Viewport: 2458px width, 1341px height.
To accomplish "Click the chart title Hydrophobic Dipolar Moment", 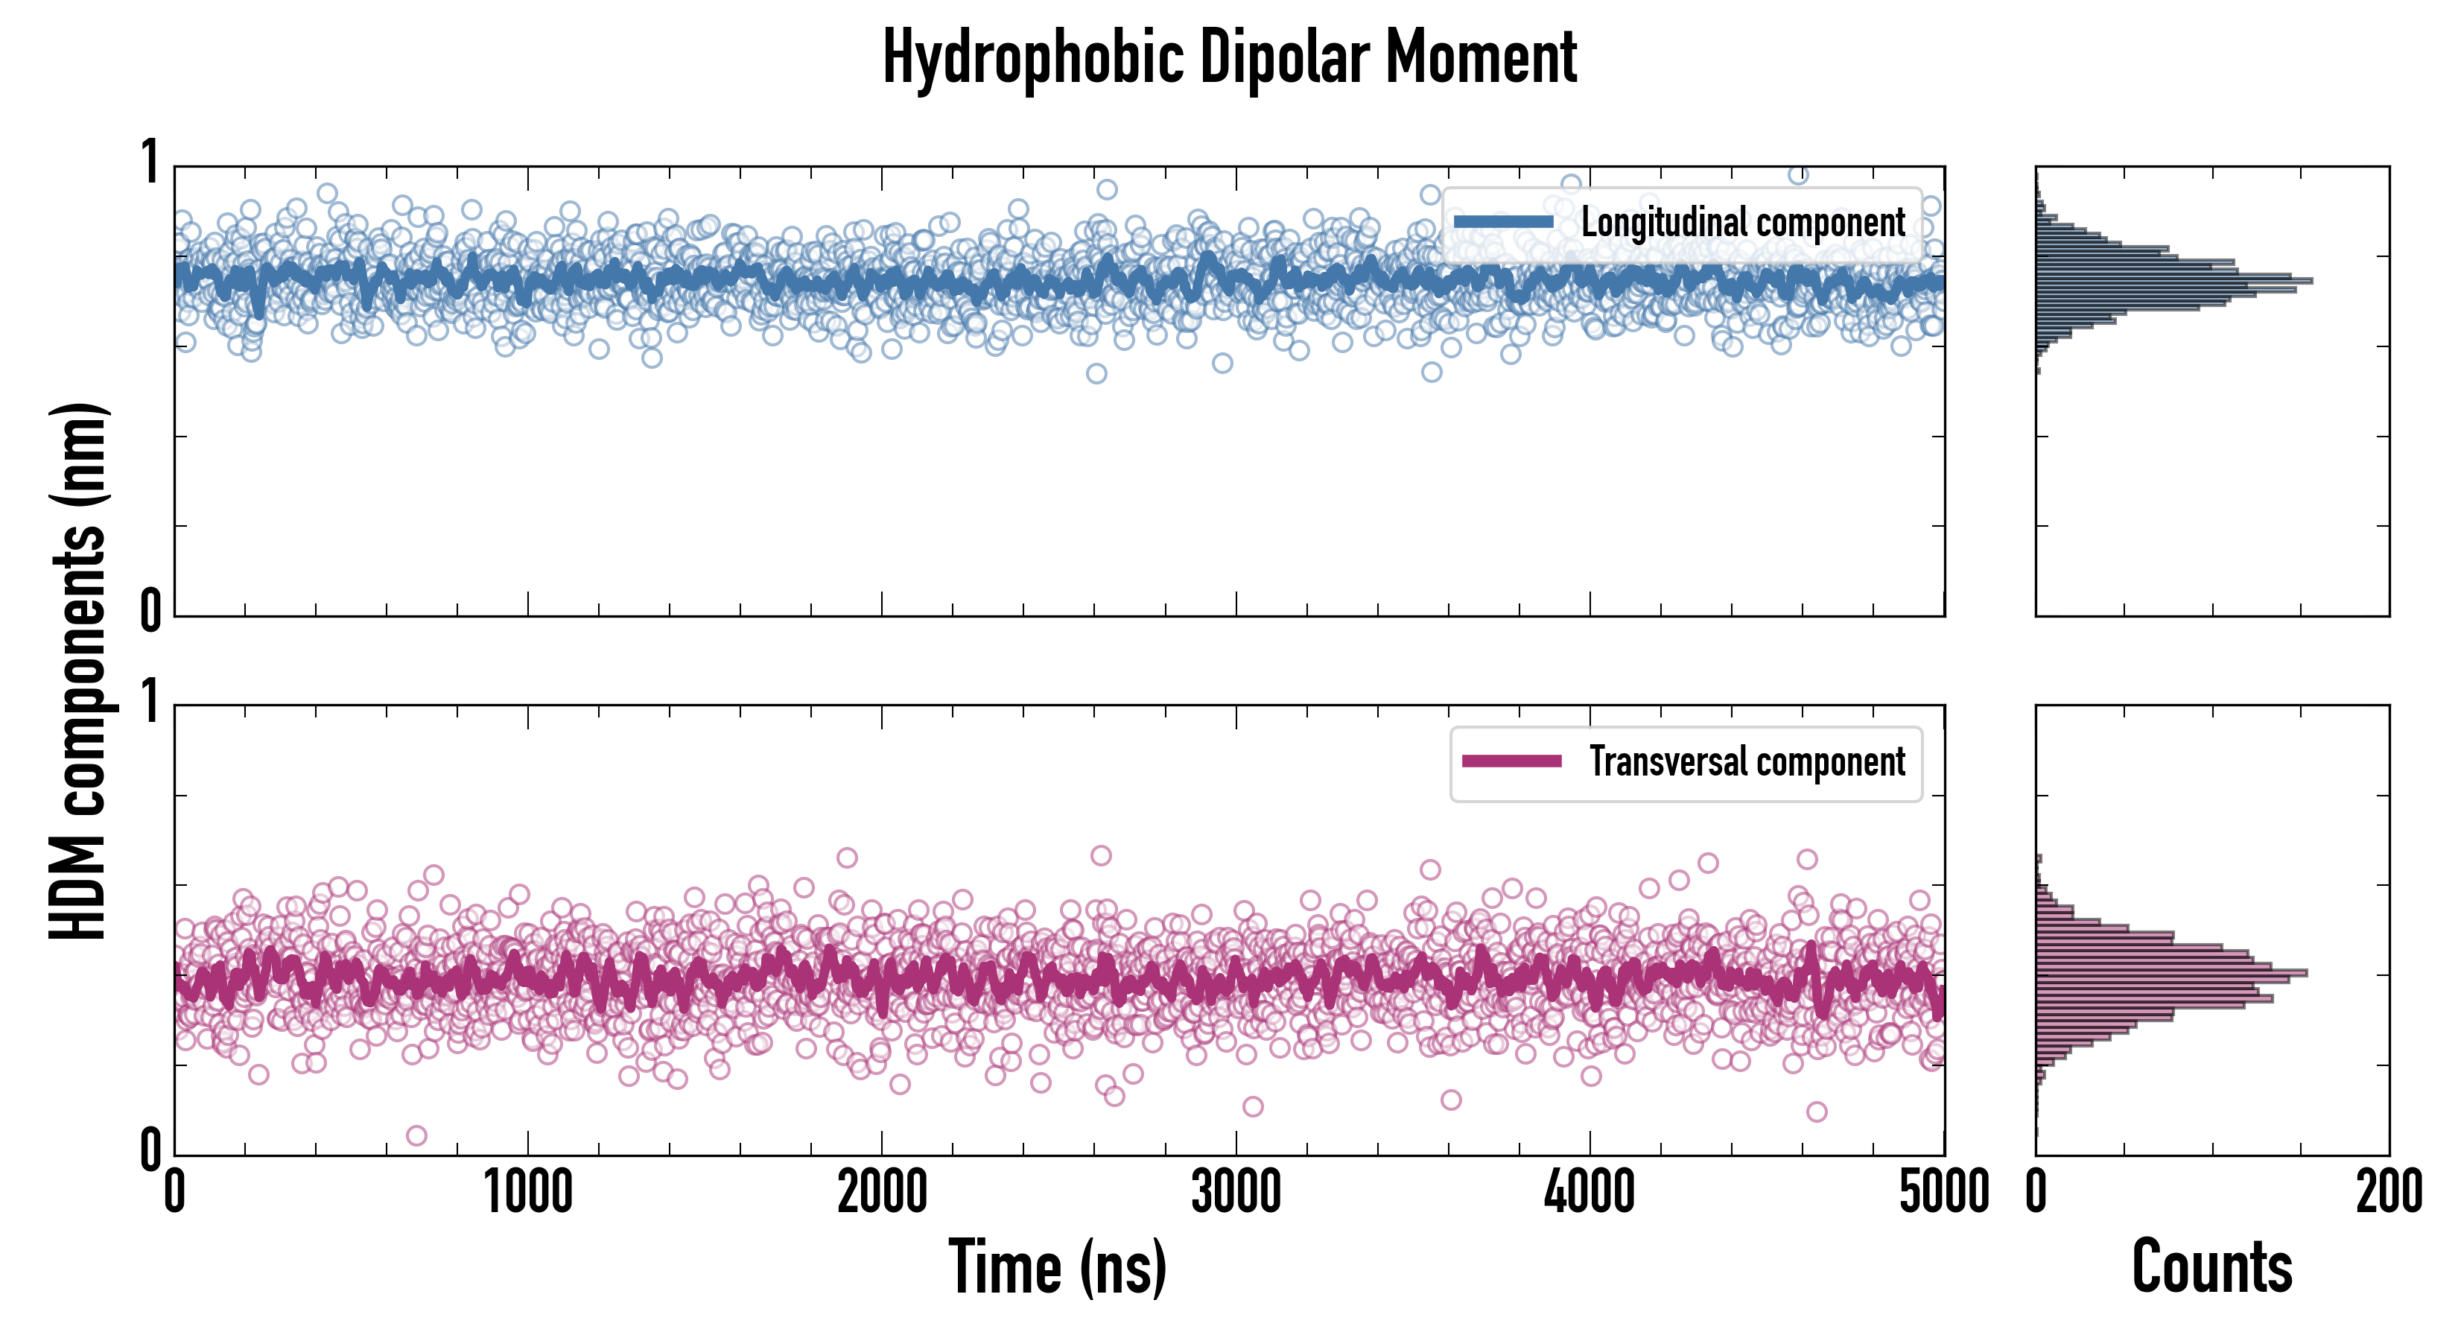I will point(1229,57).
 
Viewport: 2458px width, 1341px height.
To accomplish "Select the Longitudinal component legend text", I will point(1742,223).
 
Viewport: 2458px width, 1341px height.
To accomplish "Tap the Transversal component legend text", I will point(1746,761).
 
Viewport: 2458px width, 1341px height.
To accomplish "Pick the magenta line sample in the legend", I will point(1511,761).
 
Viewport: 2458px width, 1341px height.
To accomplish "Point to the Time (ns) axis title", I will point(1057,1267).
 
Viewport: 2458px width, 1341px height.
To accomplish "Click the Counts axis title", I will point(2211,1267).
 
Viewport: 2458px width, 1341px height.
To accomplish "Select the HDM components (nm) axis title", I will point(78,671).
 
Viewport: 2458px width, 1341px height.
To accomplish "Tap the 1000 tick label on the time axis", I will point(527,1193).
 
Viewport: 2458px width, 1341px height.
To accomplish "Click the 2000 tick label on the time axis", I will point(882,1193).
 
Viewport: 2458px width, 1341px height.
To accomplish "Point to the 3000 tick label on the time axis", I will point(1236,1193).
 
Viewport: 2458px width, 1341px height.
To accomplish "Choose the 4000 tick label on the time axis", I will point(1590,1193).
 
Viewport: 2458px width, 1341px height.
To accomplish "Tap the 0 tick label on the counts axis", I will point(2036,1193).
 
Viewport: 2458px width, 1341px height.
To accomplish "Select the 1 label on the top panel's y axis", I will point(150,162).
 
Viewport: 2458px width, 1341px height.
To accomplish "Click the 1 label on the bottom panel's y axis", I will point(150,703).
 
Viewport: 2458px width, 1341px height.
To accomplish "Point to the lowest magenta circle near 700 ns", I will point(416,1135).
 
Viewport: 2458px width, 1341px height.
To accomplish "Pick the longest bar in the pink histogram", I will point(2172,972).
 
